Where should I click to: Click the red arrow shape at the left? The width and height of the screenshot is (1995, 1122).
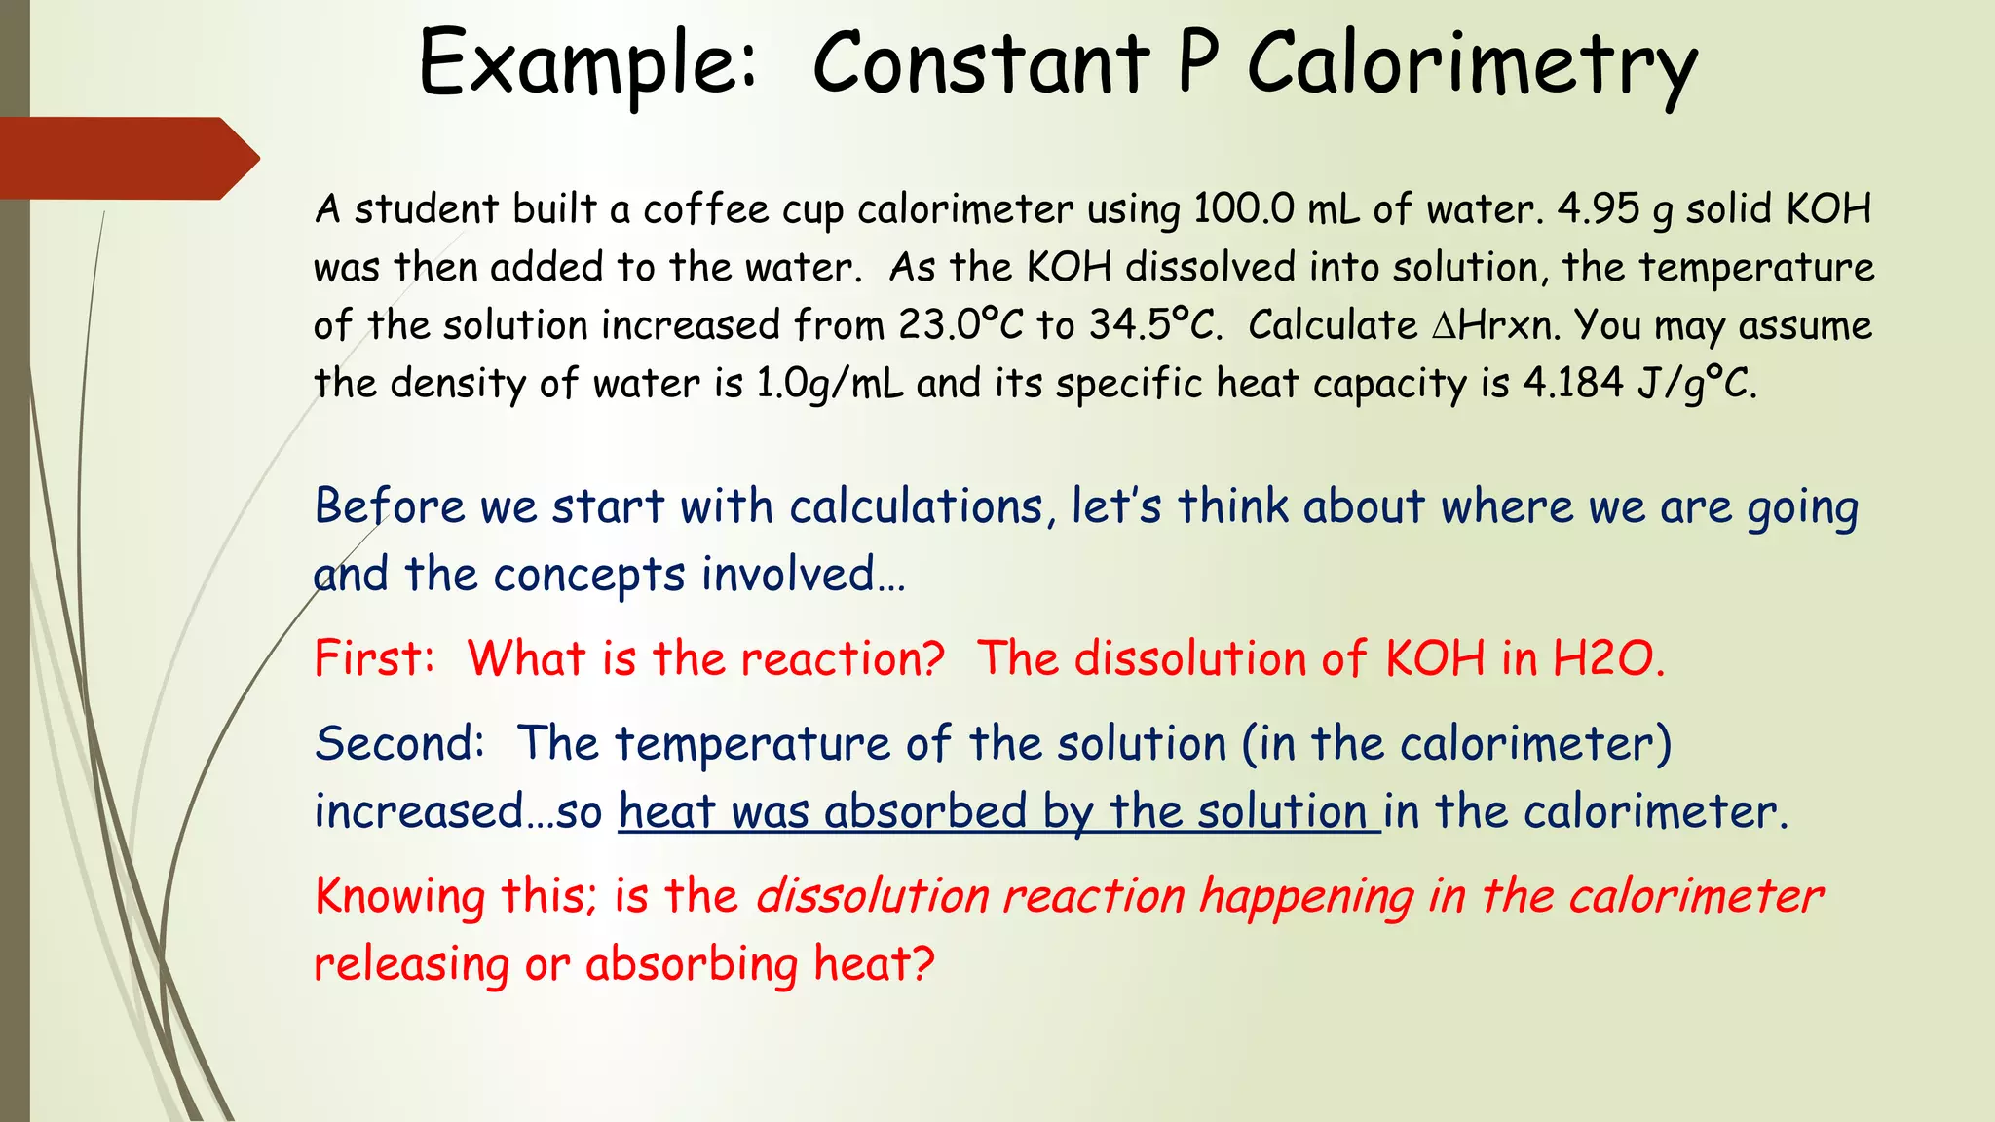point(127,158)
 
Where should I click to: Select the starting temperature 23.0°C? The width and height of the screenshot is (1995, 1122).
point(960,325)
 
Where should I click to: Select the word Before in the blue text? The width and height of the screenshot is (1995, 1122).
point(390,506)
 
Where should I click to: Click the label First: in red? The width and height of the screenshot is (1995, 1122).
point(374,658)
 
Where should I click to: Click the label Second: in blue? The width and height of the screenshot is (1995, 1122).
point(399,743)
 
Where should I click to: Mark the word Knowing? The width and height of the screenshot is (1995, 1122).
point(400,896)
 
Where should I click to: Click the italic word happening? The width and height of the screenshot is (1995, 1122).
point(1306,896)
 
